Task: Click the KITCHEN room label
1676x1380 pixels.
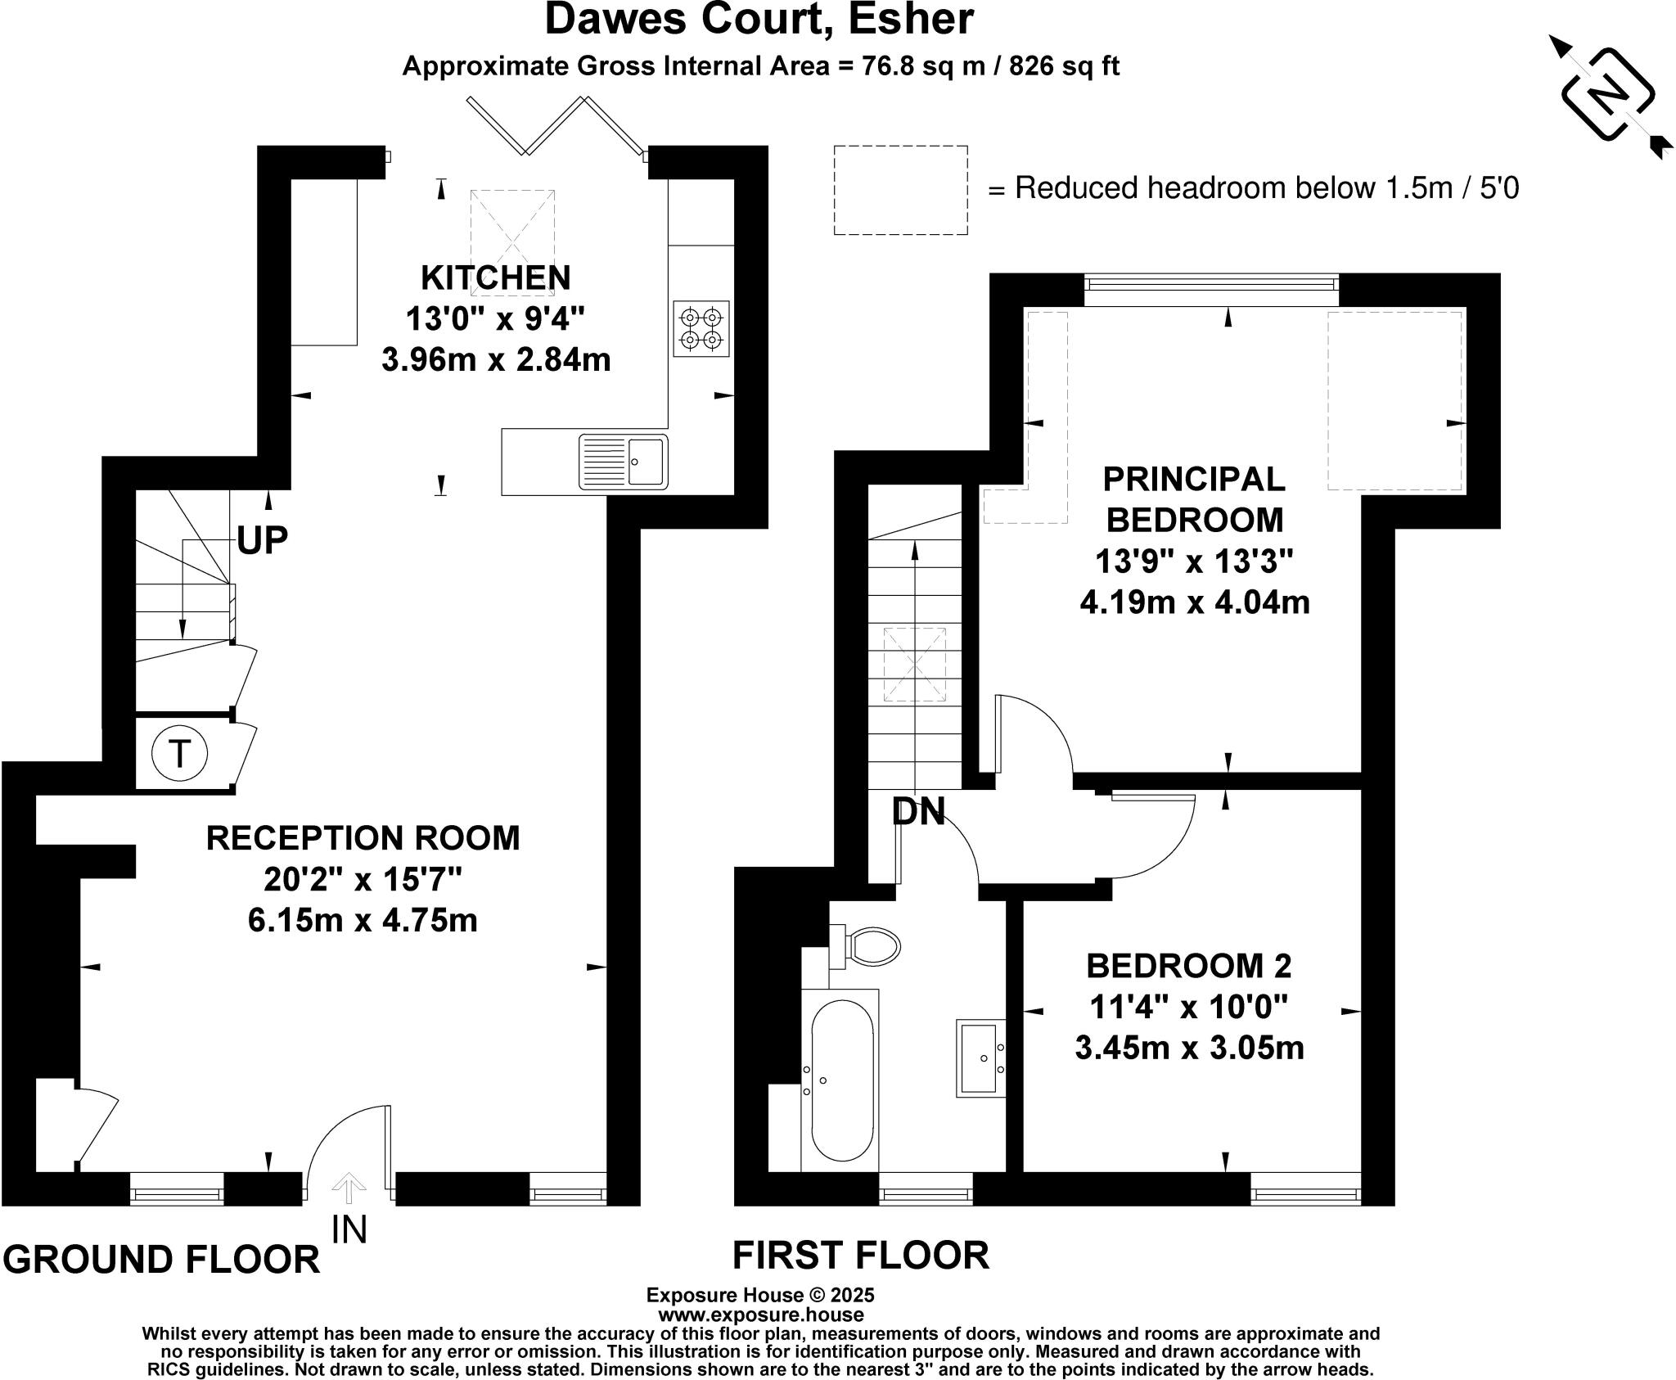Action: pos(496,277)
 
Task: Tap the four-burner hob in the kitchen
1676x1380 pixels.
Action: pos(701,328)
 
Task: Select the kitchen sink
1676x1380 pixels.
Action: pos(623,462)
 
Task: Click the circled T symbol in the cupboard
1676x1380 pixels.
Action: pos(180,753)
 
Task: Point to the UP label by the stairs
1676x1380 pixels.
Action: pos(263,540)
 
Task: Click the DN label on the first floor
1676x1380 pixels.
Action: pos(918,811)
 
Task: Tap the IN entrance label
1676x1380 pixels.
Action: pos(349,1229)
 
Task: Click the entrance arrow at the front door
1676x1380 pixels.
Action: pos(349,1189)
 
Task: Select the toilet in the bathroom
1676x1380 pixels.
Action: pos(865,946)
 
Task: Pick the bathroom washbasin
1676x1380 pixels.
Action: pos(980,1058)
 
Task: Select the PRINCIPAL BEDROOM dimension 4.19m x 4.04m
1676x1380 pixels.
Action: pos(1195,603)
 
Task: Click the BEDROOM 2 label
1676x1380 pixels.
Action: pos(1188,966)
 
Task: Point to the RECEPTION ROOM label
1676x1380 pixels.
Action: pos(363,838)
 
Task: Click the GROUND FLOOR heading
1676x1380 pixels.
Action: pos(162,1259)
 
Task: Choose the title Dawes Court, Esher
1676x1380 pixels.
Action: pos(759,20)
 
